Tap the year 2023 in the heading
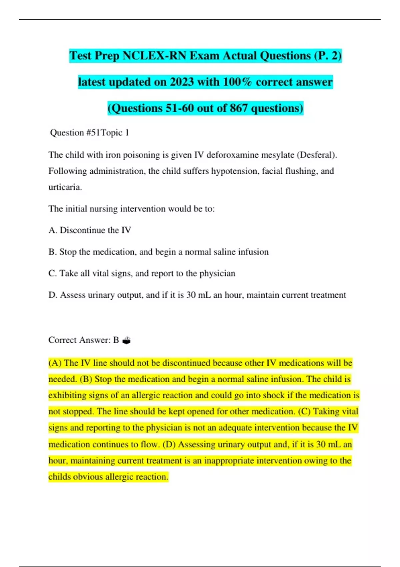pyautogui.click(x=182, y=82)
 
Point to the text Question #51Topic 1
pyautogui.click(x=89, y=133)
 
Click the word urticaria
pyautogui.click(x=65, y=187)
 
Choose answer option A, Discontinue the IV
pyautogui.click(x=90, y=230)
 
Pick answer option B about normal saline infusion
pyautogui.click(x=158, y=252)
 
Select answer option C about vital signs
pyautogui.click(x=142, y=273)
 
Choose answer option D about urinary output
pyautogui.click(x=197, y=295)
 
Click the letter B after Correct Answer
pyautogui.click(x=116, y=340)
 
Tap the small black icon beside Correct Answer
pyautogui.click(x=127, y=341)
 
